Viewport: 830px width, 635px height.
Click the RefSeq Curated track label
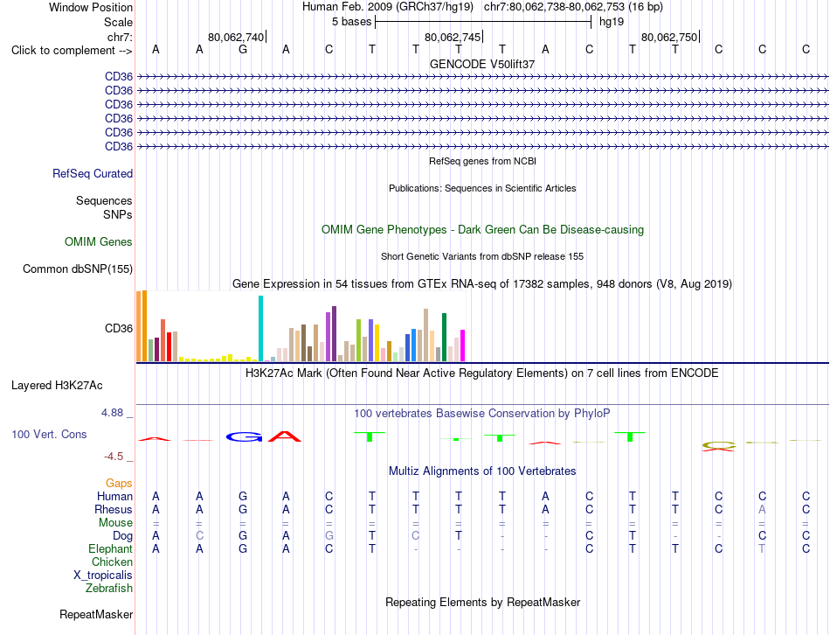click(93, 174)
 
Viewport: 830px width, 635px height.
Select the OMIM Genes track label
click(99, 241)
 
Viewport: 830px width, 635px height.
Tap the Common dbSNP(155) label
click(78, 269)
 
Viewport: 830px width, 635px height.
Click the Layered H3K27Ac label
click(57, 386)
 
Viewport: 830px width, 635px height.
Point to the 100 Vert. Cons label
click(49, 434)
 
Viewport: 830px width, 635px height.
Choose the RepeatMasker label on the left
click(96, 614)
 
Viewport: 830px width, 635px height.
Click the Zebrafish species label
click(109, 589)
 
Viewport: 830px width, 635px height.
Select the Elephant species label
click(111, 548)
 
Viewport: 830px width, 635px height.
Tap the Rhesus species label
click(114, 509)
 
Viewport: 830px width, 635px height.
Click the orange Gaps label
click(119, 484)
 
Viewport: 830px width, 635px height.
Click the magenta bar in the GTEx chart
click(463, 345)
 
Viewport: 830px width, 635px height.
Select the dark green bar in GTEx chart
click(445, 337)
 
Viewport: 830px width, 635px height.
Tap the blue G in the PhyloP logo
click(244, 436)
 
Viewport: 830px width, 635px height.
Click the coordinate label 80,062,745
click(453, 37)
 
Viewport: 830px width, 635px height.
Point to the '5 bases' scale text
click(352, 22)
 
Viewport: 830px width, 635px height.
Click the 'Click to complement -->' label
click(72, 51)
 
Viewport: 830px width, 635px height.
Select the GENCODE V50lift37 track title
click(482, 64)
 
